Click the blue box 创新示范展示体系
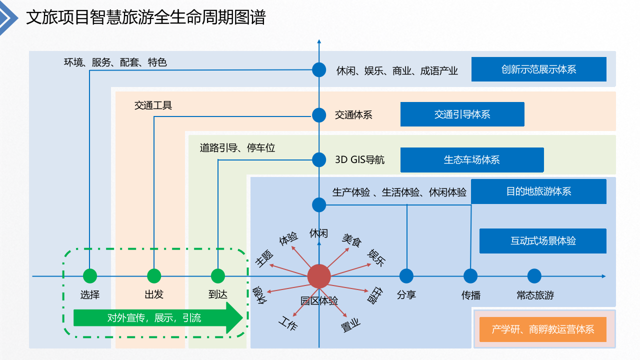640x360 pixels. tap(538, 69)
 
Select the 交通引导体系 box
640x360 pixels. tap(462, 114)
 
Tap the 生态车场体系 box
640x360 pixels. tap(471, 160)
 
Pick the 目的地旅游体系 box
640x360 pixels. tap(538, 191)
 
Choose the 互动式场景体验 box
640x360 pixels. tap(542, 241)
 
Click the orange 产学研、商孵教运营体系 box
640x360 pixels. tap(542, 329)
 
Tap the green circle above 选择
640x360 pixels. tap(90, 276)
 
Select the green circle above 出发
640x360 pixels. tap(154, 276)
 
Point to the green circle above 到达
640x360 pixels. tap(218, 276)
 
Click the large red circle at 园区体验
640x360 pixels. tap(319, 276)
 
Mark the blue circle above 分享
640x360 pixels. tap(406, 276)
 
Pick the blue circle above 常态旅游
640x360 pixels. tap(534, 276)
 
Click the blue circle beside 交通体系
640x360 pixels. tap(319, 115)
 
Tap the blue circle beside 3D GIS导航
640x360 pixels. tap(319, 159)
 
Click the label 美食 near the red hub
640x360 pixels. tap(351, 240)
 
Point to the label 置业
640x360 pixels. tap(350, 326)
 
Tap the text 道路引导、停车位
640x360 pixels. tap(237, 148)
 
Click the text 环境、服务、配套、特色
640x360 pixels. tap(115, 62)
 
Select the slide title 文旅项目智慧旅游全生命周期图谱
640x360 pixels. tap(145, 17)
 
